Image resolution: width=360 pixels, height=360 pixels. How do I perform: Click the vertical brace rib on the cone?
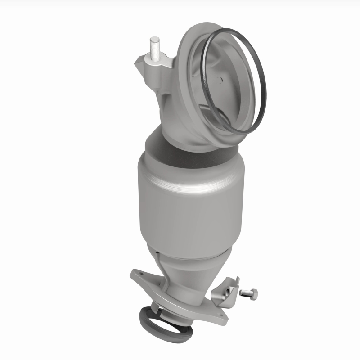coord(158,265)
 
